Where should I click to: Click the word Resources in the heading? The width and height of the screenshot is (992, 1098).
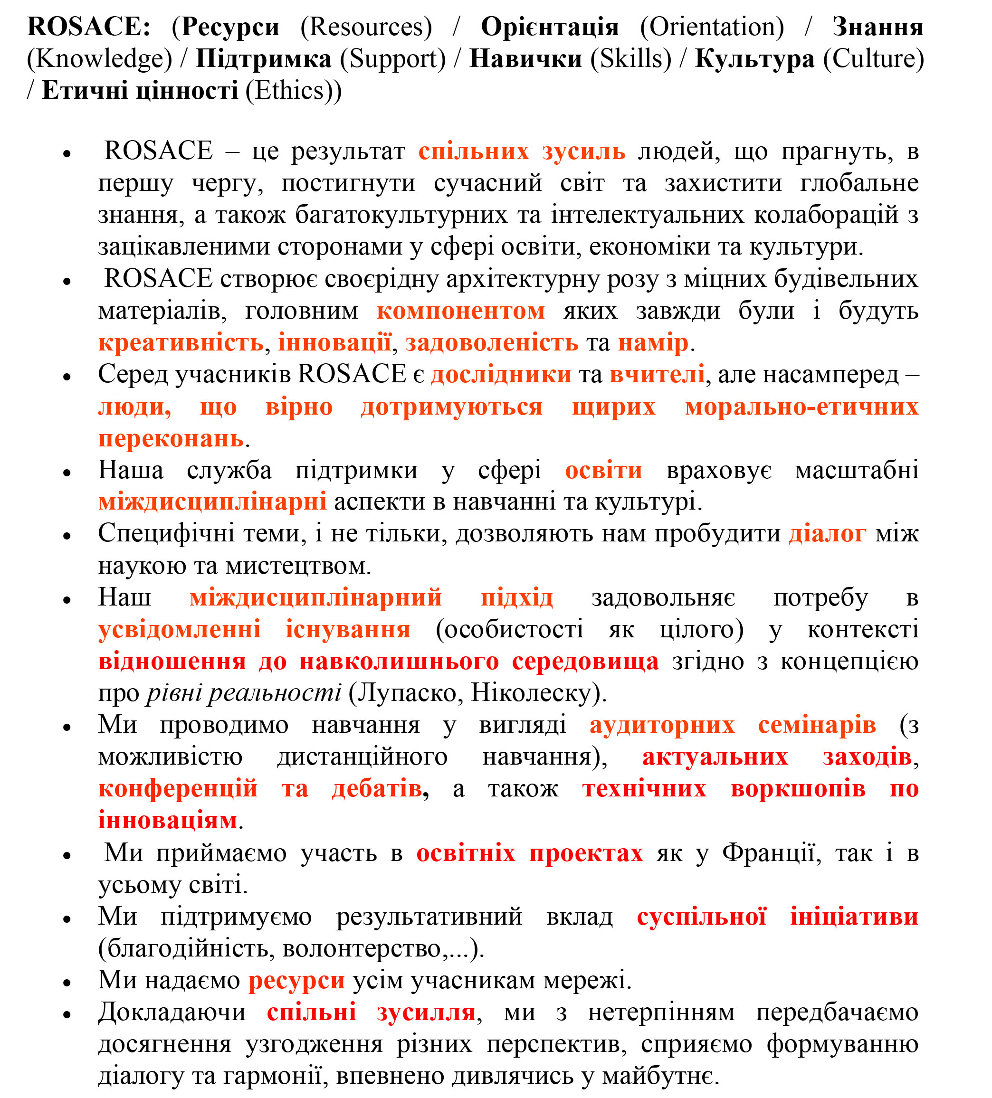pyautogui.click(x=366, y=27)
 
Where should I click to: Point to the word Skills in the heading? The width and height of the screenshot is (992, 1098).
pyautogui.click(x=631, y=59)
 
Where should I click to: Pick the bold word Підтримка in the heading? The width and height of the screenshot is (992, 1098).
pyautogui.click(x=263, y=59)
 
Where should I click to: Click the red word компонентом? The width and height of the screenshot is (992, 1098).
pyautogui.click(x=460, y=311)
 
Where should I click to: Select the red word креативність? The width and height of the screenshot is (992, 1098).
pyautogui.click(x=181, y=342)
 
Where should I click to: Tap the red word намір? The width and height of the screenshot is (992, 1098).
pyautogui.click(x=653, y=342)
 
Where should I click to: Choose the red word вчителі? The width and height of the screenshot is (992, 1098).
pyautogui.click(x=657, y=374)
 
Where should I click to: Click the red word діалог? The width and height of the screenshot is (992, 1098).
pyautogui.click(x=827, y=533)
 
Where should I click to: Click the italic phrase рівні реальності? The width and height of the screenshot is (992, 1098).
pyautogui.click(x=244, y=693)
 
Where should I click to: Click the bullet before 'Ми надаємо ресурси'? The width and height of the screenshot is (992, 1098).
pyautogui.click(x=67, y=982)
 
